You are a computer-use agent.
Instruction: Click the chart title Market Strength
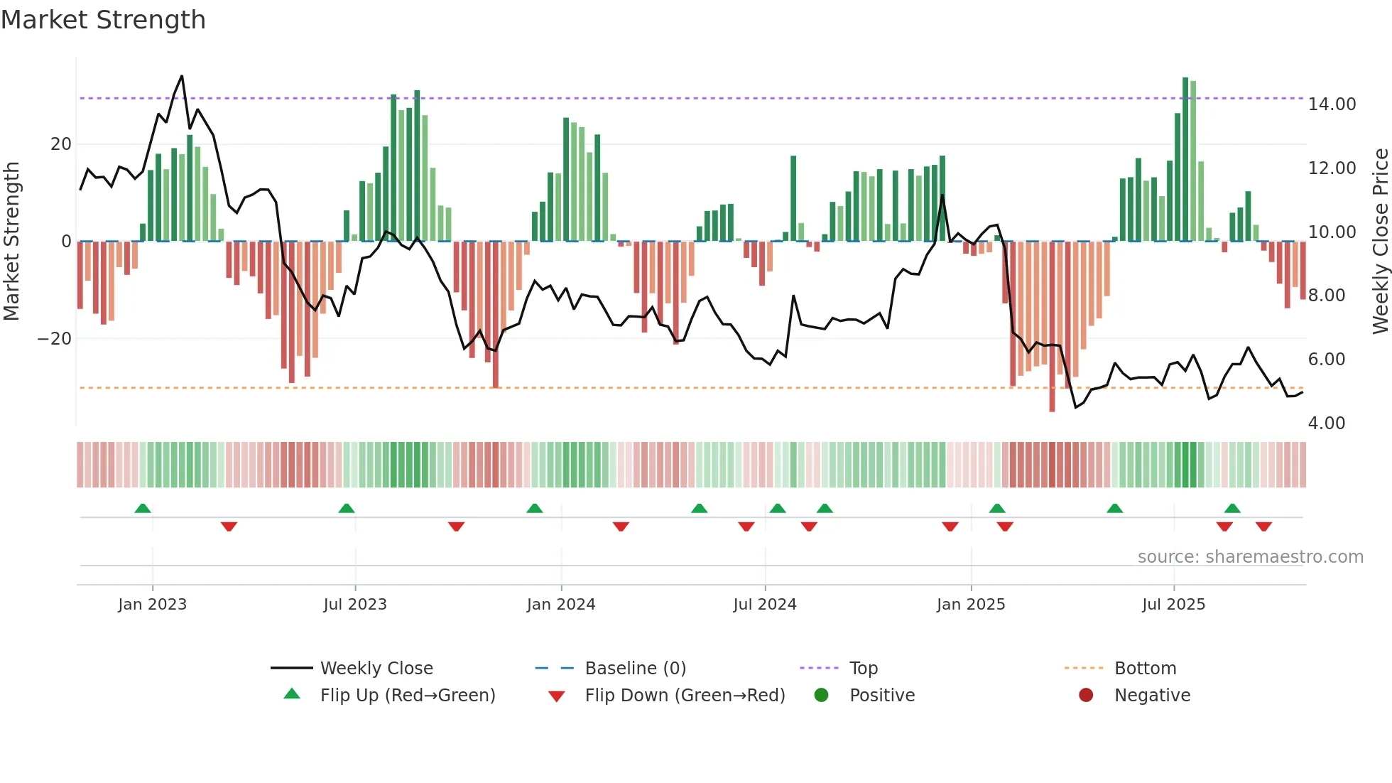tap(103, 20)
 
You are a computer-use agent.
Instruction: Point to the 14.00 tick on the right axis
tap(1332, 104)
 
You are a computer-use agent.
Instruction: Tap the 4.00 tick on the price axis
tap(1326, 423)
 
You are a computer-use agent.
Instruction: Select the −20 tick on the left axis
tap(55, 339)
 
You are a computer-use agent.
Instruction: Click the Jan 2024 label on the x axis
tap(560, 605)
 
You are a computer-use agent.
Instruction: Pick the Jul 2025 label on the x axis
tap(1173, 605)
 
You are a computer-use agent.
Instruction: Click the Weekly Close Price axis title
tap(1380, 242)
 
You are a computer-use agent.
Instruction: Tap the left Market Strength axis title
tap(11, 242)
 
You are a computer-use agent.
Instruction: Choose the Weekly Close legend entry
tap(376, 669)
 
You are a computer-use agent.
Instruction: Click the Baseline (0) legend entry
tap(635, 669)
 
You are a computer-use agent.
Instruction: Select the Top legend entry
tap(863, 669)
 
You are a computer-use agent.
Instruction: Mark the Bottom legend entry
tap(1145, 669)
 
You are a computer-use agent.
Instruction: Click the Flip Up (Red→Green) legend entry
tap(407, 696)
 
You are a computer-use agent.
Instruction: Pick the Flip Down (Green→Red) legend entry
tap(684, 696)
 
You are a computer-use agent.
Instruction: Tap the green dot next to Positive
tap(821, 696)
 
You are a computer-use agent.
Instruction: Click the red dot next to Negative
tap(1086, 696)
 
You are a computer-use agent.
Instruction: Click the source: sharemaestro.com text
tap(1250, 557)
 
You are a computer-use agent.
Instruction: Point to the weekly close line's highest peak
tap(182, 76)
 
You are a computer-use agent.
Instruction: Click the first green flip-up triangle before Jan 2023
tap(143, 508)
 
